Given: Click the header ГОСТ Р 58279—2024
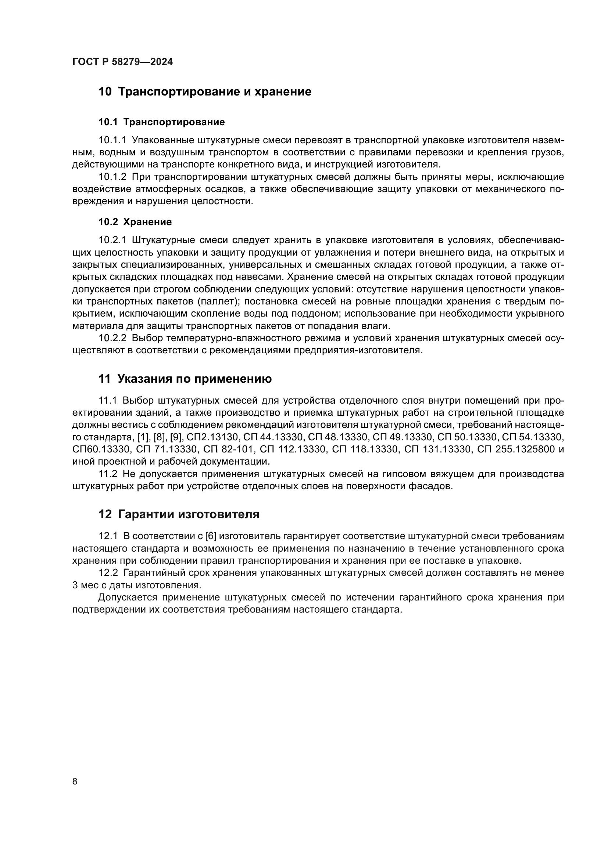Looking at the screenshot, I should [122, 62].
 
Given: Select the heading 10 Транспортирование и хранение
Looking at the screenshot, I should [205, 92].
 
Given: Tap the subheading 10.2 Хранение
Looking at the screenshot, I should [135, 222].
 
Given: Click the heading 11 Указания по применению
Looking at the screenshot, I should [185, 379].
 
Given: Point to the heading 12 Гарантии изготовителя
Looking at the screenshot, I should [179, 515].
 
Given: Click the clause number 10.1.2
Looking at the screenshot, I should [113, 177].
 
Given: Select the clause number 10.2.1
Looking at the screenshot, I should [113, 240].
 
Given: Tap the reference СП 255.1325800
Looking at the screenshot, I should [516, 449].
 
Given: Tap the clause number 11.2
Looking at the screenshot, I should [108, 474].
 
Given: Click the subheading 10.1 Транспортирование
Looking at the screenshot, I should [162, 122].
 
